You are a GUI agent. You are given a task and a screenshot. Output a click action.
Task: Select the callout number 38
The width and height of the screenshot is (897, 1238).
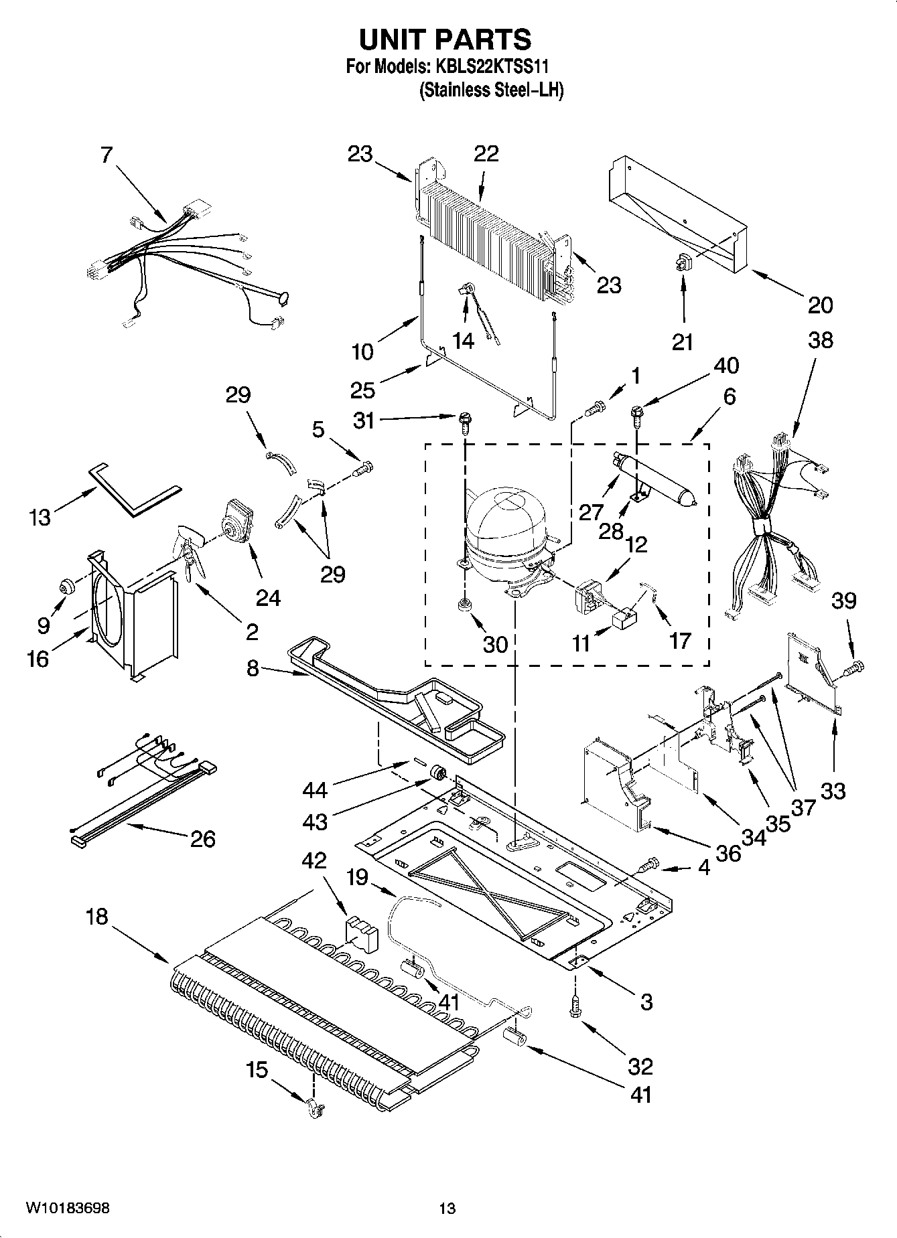tap(820, 340)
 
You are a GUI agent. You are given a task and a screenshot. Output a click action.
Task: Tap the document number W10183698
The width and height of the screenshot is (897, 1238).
tap(68, 1209)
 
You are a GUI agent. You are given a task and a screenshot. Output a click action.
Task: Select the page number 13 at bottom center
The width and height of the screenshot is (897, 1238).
tap(447, 1209)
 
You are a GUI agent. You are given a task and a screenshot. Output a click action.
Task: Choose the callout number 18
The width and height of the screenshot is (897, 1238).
tap(97, 917)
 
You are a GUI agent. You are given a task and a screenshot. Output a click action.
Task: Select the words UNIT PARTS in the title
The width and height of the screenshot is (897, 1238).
tap(445, 40)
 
